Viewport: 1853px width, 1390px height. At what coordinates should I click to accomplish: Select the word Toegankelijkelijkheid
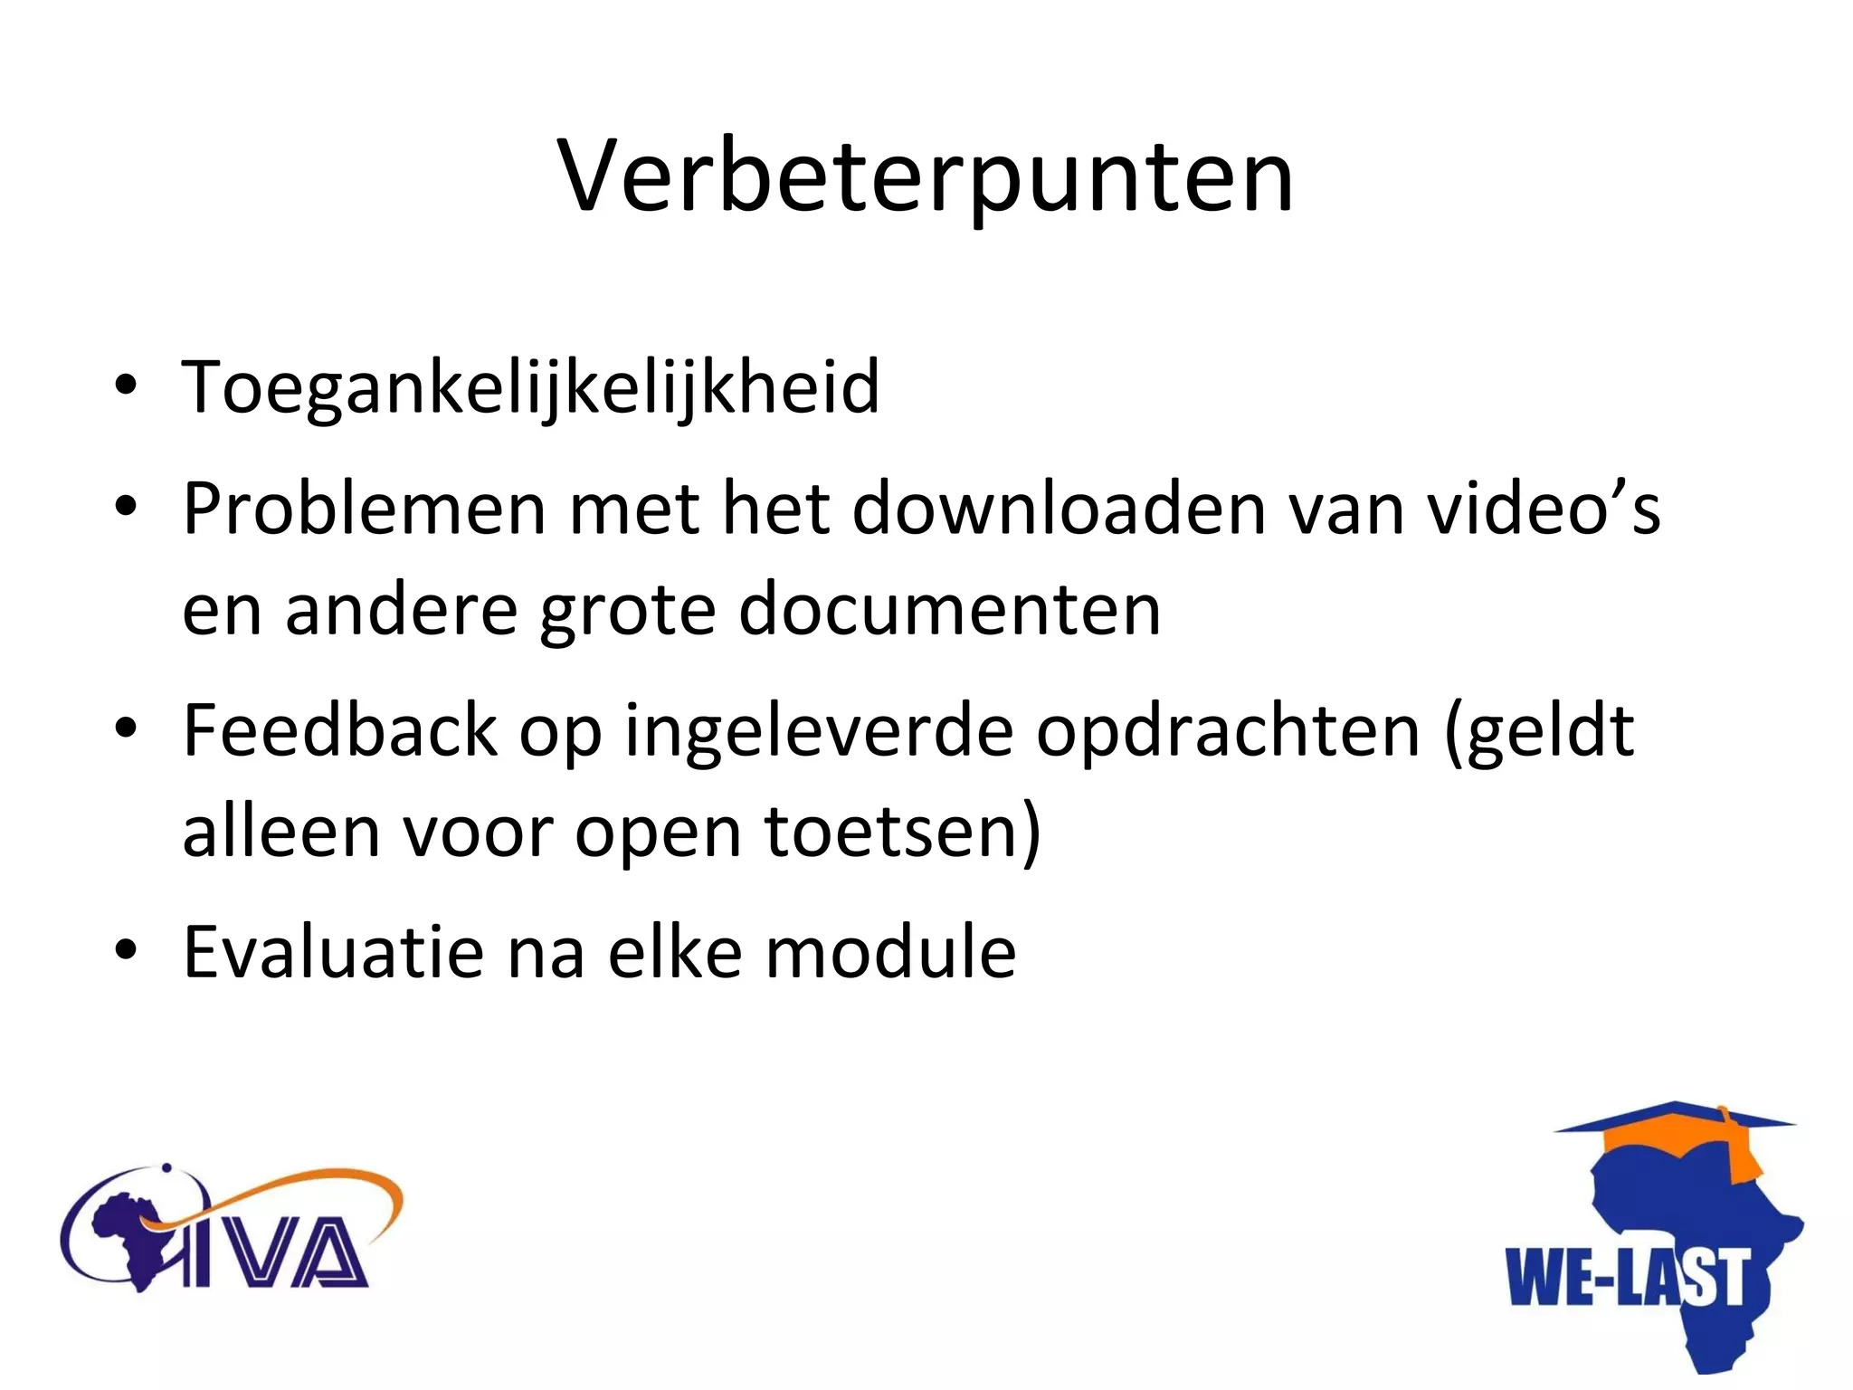click(x=530, y=387)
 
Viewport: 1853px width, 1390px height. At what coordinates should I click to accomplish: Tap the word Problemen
click(x=364, y=509)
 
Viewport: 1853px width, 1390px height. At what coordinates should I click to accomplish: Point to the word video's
click(x=1544, y=509)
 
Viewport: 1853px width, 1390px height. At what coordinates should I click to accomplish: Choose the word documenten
click(x=949, y=609)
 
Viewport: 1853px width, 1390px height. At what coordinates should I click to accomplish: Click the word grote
click(x=627, y=609)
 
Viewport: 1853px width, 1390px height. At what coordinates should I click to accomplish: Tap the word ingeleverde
click(x=819, y=731)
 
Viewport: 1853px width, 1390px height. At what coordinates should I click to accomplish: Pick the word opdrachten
click(x=1228, y=731)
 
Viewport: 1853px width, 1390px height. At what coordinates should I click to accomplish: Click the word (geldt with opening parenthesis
click(x=1539, y=731)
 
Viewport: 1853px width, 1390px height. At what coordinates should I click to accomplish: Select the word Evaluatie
click(x=333, y=952)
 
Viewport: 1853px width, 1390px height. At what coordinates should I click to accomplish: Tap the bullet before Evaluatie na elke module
click(x=126, y=949)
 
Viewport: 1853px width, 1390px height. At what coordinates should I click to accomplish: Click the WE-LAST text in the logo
click(x=1626, y=1278)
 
